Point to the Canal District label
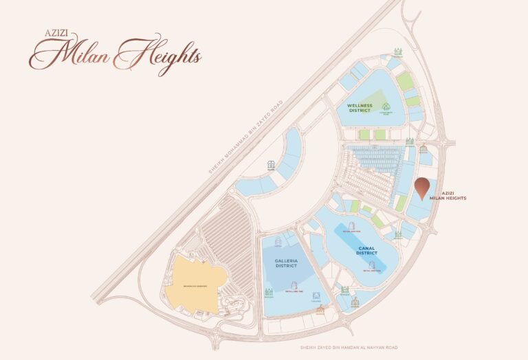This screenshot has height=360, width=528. tap(366, 251)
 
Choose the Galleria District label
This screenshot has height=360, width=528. tap(285, 263)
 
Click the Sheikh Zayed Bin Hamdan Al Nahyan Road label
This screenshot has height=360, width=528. tap(349, 348)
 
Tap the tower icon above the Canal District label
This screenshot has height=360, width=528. tap(350, 227)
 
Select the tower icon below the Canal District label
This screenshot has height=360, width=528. tap(373, 265)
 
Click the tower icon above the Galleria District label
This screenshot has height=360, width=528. tap(278, 242)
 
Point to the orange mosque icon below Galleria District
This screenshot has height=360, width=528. tap(319, 310)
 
